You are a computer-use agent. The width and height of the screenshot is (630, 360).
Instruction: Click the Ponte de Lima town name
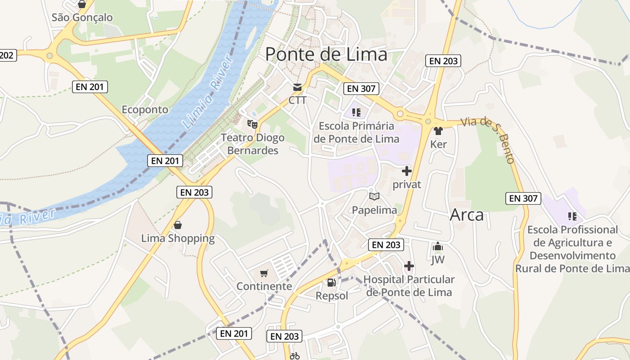326,54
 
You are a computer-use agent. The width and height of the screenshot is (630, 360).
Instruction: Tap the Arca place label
467,215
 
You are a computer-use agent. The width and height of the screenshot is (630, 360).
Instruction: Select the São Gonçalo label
82,18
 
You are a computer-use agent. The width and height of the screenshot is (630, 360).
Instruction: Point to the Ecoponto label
145,110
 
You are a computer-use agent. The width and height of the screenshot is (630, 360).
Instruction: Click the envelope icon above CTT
297,87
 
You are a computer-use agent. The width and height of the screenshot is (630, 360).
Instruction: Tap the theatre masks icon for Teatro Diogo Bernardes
252,123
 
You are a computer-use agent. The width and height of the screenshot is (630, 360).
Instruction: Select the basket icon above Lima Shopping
178,225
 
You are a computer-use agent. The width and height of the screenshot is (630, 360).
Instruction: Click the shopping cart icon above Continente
264,273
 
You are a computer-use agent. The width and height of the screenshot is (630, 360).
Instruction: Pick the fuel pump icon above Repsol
331,283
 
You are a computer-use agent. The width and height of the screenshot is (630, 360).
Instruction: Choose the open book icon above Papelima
374,196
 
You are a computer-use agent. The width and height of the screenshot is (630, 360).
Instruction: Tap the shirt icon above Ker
438,131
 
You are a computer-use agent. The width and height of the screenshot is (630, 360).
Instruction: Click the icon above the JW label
437,247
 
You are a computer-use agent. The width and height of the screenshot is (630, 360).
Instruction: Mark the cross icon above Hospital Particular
409,266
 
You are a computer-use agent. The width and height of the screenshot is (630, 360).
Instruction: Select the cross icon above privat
407,171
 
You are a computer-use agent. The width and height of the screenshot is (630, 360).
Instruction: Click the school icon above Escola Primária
356,112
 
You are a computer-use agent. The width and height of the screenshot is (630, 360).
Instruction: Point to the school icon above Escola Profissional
572,216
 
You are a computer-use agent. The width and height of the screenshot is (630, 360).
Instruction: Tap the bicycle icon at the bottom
295,356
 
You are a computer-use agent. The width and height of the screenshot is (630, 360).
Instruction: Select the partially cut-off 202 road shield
8,55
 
